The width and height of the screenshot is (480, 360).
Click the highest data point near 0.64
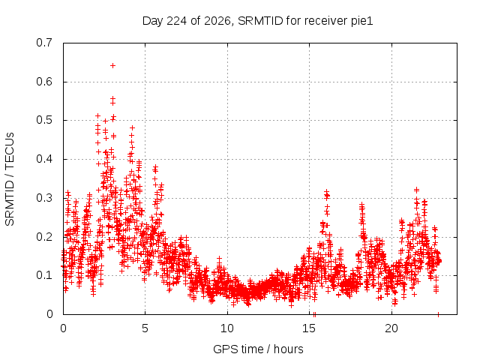point(112,65)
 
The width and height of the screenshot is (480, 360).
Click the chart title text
point(258,21)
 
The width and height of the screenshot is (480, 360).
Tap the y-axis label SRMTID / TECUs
point(10,179)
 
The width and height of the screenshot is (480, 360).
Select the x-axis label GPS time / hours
point(258,349)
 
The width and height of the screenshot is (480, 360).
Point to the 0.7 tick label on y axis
point(44,43)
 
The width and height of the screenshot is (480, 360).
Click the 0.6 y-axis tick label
point(44,82)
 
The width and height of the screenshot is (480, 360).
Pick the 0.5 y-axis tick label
point(44,120)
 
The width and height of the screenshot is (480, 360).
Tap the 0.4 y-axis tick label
point(44,159)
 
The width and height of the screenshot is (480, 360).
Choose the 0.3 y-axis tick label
point(44,198)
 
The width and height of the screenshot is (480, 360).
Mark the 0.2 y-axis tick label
point(44,237)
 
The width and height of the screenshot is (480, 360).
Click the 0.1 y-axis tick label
point(44,275)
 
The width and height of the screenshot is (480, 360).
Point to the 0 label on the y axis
point(49,314)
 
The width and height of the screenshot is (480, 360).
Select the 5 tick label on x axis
point(145,328)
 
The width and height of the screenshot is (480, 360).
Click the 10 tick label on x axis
point(226,328)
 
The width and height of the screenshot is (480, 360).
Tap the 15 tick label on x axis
point(309,328)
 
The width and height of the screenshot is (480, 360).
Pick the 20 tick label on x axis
point(391,328)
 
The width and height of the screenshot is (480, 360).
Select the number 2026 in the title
point(217,21)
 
